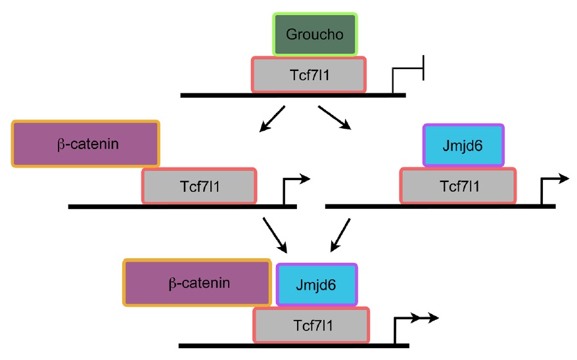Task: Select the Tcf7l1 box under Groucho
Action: [309, 74]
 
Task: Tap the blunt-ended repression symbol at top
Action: [409, 73]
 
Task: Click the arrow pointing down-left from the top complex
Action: [272, 118]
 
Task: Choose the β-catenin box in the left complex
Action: [85, 143]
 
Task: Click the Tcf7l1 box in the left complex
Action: [199, 185]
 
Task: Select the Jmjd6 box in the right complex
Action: [463, 145]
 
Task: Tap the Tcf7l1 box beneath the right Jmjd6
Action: [458, 185]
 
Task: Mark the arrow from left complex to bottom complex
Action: [275, 235]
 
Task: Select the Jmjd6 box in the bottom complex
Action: [317, 284]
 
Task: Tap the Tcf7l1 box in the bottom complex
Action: [311, 324]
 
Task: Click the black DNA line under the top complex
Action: [292, 95]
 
